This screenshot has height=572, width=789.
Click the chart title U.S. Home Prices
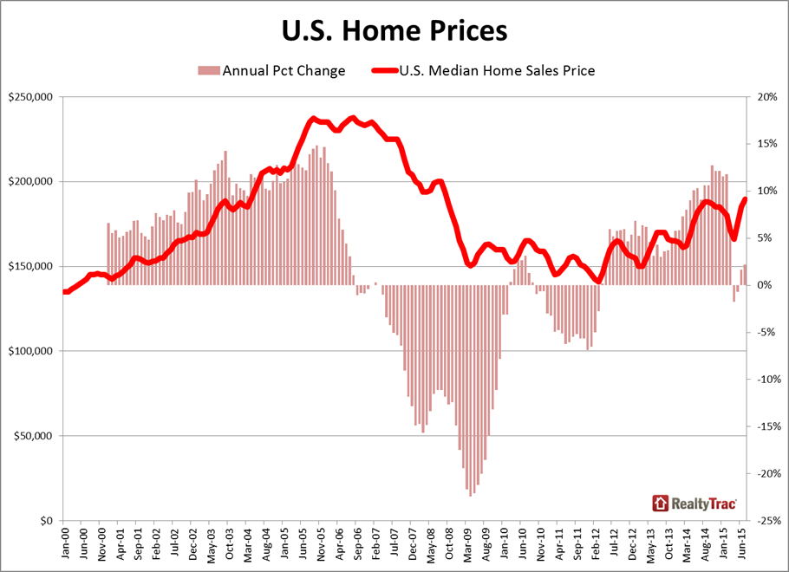tap(394, 31)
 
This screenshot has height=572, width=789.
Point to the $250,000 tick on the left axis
tap(30, 97)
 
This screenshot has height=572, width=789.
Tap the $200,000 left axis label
tap(30, 182)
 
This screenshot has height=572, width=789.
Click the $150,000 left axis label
tap(30, 267)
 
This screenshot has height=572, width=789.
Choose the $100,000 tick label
tap(30, 352)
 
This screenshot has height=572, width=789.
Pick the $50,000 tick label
tap(33, 437)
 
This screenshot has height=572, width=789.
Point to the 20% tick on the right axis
tap(767, 97)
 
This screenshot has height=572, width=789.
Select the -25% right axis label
tap(766, 521)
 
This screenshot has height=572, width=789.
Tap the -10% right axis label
tap(766, 380)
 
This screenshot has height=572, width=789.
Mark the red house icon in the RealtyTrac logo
tap(661, 502)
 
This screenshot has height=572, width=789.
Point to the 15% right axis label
tap(767, 144)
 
